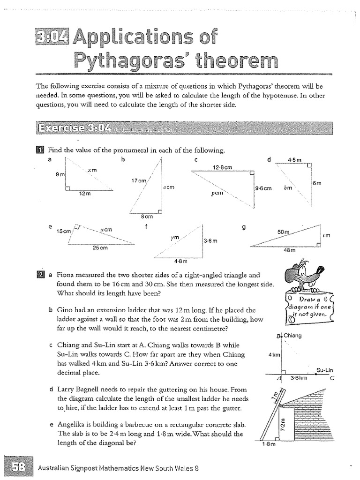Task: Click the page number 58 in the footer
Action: tap(19, 467)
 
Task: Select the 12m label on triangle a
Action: tap(85, 193)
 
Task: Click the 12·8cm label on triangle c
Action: tap(223, 167)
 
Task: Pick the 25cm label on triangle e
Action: tap(100, 247)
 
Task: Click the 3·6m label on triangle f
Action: tap(210, 240)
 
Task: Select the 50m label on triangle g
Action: tap(284, 232)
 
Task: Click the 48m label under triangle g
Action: tap(290, 250)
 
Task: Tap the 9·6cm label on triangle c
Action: tap(263, 188)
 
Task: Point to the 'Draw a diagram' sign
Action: tap(308, 307)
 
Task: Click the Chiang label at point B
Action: tap(292, 336)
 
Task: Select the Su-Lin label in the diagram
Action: tap(324, 370)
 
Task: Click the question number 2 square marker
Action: tap(40, 275)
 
